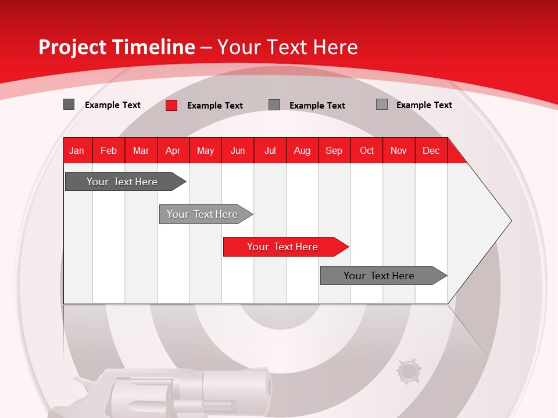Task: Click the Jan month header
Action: pyautogui.click(x=77, y=151)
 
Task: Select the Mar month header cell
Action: pyautogui.click(x=141, y=151)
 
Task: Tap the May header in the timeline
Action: pyautogui.click(x=205, y=151)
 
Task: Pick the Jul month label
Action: pyautogui.click(x=270, y=151)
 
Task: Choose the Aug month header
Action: pyautogui.click(x=302, y=151)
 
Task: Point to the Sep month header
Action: pyautogui.click(x=334, y=151)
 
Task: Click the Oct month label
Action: pyautogui.click(x=367, y=151)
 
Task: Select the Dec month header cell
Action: pyautogui.click(x=431, y=151)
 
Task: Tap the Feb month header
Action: pyautogui.click(x=109, y=151)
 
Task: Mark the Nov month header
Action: pyautogui.click(x=399, y=151)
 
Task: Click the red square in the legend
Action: pyautogui.click(x=171, y=105)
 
